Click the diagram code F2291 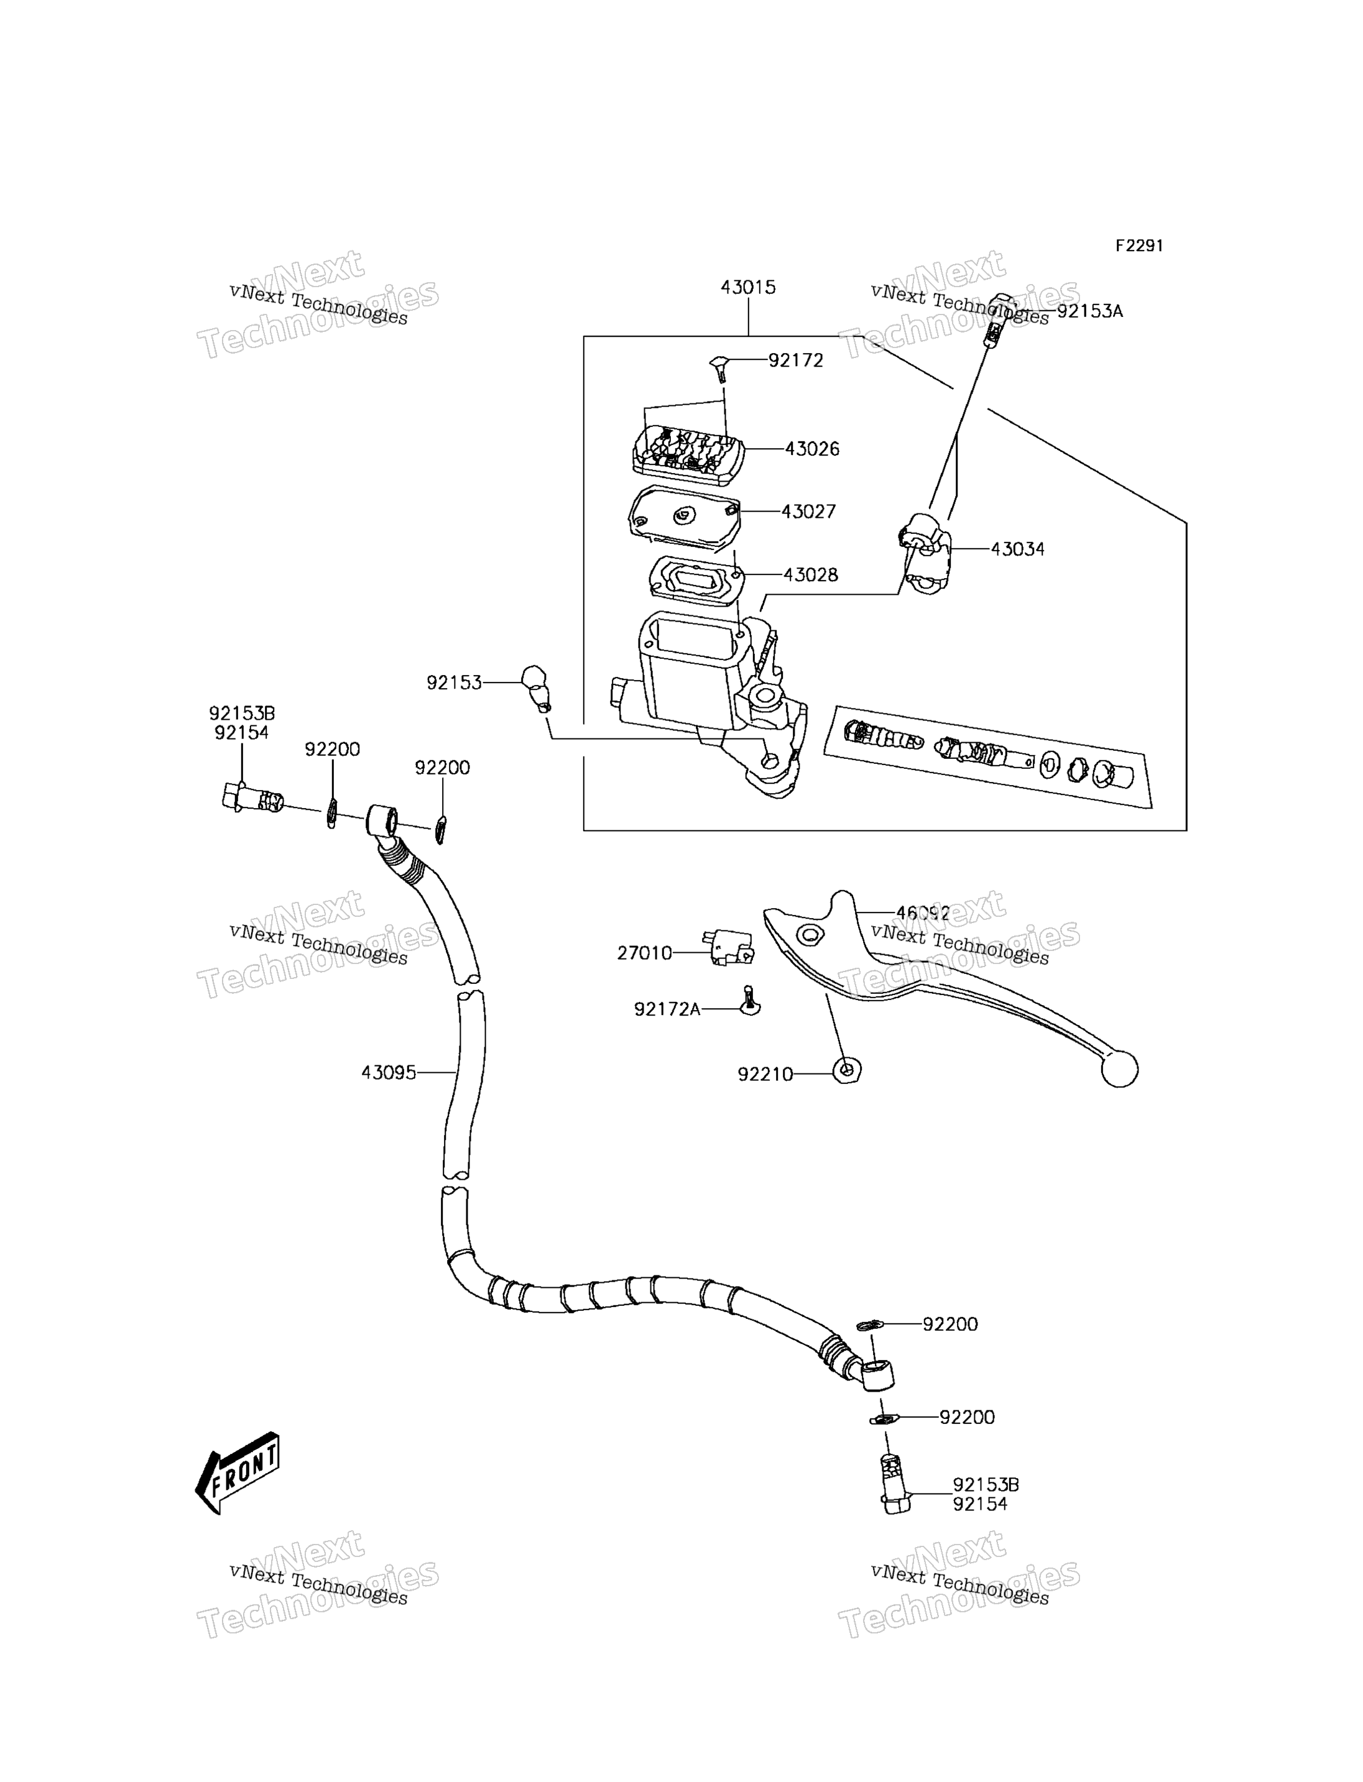pos(1139,246)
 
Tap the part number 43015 pos(748,287)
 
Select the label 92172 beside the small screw pos(796,360)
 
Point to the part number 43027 pos(808,512)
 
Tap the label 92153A pos(1089,311)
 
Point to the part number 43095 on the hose pos(389,1072)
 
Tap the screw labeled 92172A pos(751,1001)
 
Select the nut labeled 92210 pos(847,1071)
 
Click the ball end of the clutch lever pos(1120,1068)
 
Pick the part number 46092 pos(923,913)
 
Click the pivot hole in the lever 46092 pos(808,935)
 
